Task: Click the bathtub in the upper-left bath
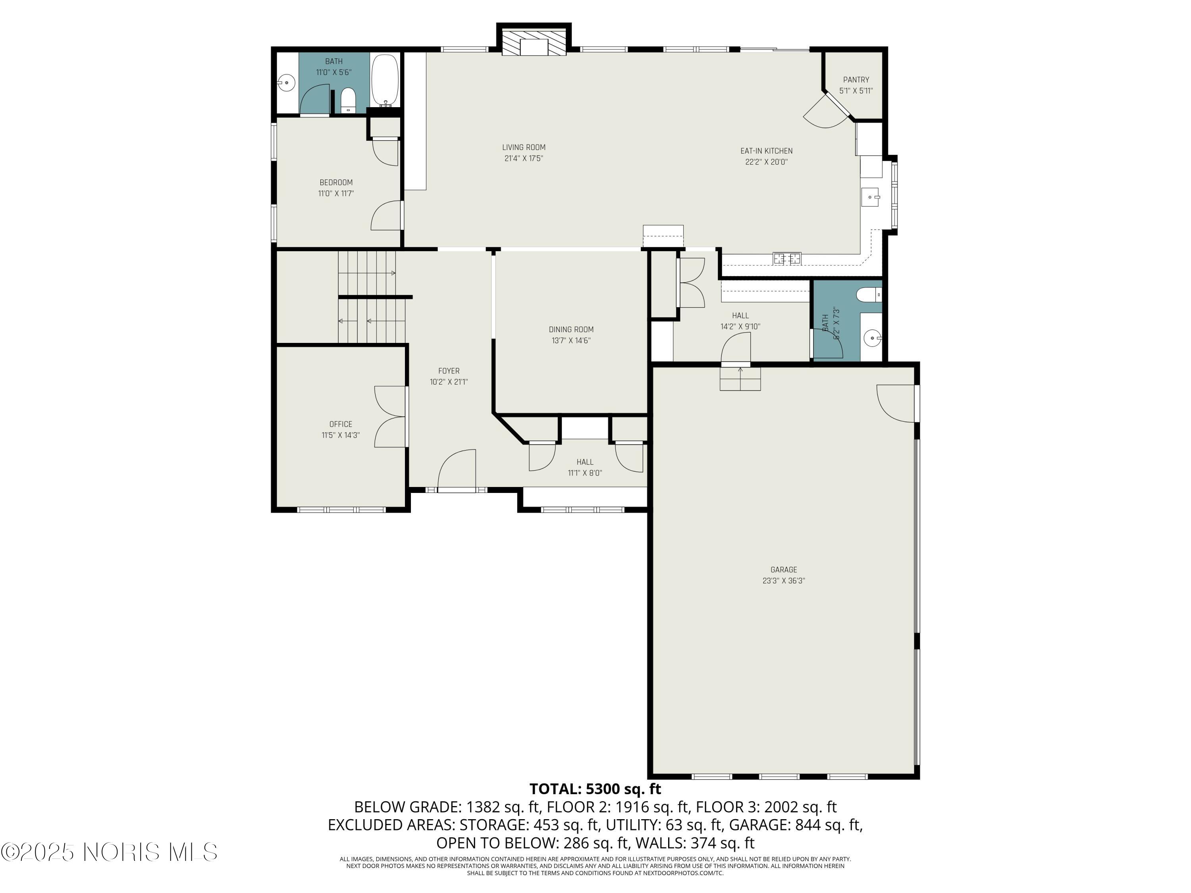tap(384, 80)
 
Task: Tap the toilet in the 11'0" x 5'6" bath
tap(348, 100)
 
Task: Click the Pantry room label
tap(856, 80)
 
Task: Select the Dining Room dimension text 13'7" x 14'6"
tap(571, 341)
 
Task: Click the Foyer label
tap(449, 371)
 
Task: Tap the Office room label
tap(340, 424)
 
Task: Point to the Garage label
tap(783, 570)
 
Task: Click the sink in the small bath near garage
tap(872, 339)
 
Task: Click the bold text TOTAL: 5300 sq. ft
tap(595, 789)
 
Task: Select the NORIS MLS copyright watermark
tap(109, 852)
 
